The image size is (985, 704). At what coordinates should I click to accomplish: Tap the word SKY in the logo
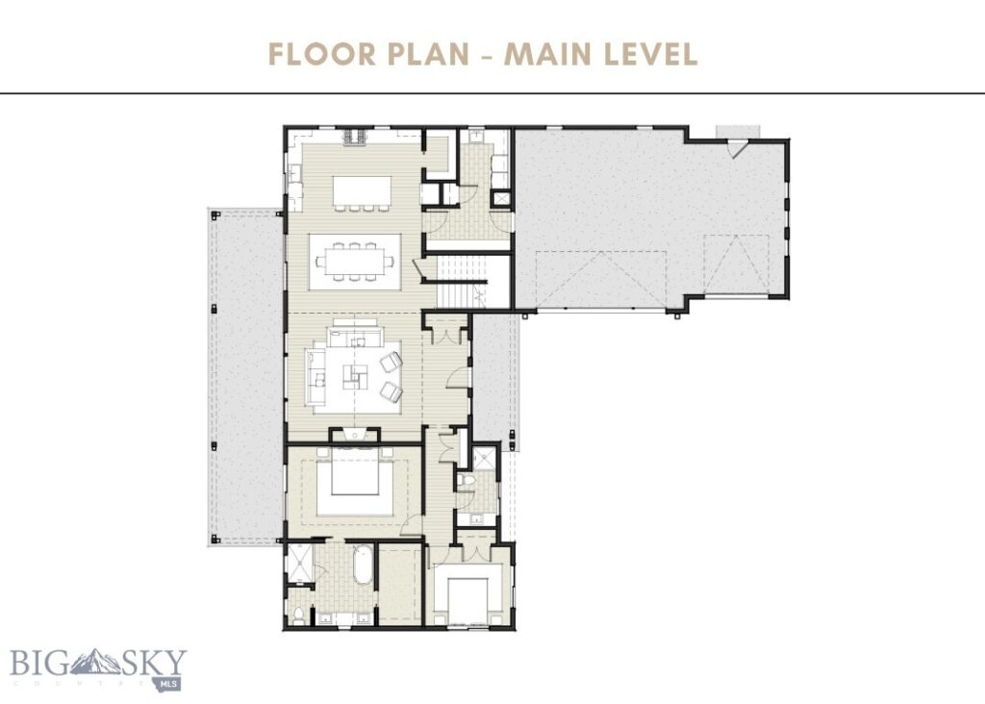click(x=155, y=664)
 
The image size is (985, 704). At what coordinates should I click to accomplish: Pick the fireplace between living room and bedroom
click(x=355, y=436)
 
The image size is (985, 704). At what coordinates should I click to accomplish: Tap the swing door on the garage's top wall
click(x=738, y=147)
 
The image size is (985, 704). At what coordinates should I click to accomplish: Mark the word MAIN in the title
click(x=548, y=54)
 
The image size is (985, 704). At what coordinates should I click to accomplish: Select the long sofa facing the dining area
click(x=353, y=338)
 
